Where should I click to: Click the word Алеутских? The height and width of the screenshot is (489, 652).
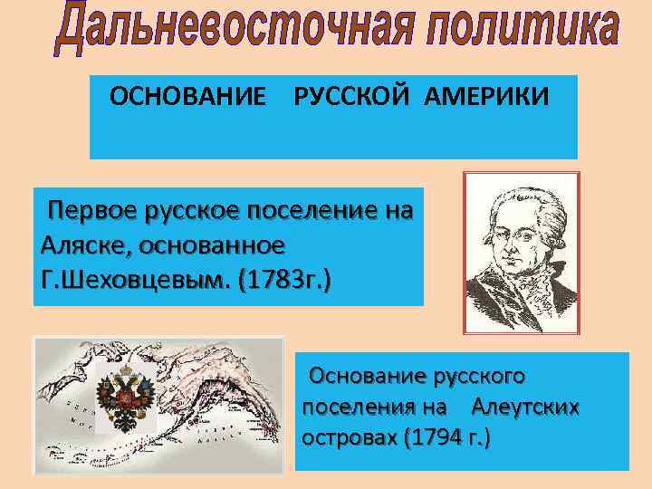[x=525, y=407]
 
